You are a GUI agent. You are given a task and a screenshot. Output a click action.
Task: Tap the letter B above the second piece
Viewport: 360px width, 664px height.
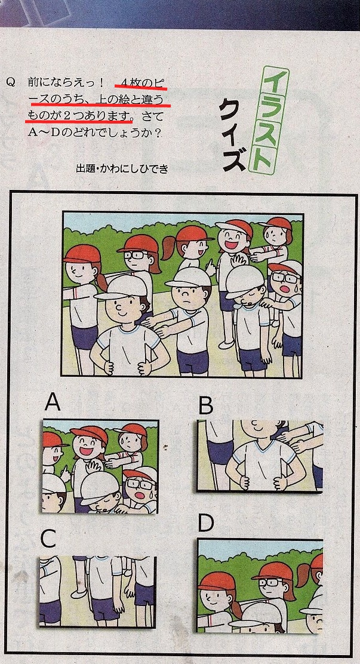click(x=206, y=406)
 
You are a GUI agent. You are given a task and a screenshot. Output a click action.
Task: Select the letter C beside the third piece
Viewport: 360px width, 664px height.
click(x=48, y=539)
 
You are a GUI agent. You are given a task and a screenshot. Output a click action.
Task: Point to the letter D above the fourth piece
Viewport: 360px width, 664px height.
click(x=206, y=524)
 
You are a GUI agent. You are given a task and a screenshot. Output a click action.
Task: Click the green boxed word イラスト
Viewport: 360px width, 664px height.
click(x=269, y=120)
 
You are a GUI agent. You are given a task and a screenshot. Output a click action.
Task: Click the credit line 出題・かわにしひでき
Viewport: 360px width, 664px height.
click(x=122, y=169)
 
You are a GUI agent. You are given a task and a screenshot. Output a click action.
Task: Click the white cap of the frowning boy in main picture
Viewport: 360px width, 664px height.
click(x=187, y=278)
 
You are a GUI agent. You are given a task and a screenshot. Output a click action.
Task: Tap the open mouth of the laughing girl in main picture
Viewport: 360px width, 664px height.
click(x=231, y=244)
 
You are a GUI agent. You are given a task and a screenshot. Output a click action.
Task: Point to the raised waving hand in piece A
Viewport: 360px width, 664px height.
click(x=93, y=468)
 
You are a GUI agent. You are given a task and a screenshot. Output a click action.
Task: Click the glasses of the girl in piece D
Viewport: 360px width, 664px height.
click(x=269, y=583)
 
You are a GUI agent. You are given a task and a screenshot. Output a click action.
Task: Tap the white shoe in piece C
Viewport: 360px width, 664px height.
click(x=79, y=593)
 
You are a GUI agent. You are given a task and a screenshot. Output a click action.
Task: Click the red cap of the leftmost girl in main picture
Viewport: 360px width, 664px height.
click(x=82, y=254)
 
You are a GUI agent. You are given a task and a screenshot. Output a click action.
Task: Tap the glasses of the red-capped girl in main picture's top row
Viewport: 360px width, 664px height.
click(x=135, y=256)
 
